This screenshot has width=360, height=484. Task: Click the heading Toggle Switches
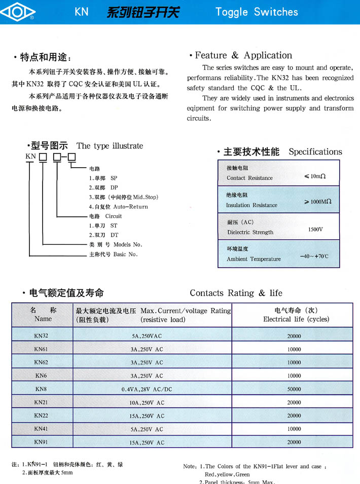(257, 12)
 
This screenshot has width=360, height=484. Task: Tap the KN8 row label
(41, 389)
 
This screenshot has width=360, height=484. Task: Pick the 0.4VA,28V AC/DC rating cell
(147, 389)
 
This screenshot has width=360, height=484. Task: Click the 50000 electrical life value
(294, 389)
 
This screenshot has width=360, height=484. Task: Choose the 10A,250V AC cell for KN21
(147, 402)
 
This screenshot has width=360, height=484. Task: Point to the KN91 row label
(42, 442)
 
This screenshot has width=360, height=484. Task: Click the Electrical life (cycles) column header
(296, 319)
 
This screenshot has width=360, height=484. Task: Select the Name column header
(43, 319)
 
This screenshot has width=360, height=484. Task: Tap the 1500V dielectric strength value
(315, 230)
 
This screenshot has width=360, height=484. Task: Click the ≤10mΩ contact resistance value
(314, 176)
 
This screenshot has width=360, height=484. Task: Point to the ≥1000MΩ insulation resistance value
(317, 202)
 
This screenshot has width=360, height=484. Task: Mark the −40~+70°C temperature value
(314, 256)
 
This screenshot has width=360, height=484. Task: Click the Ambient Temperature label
(254, 259)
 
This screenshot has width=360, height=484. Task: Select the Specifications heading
(315, 152)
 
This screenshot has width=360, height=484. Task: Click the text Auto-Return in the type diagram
(131, 207)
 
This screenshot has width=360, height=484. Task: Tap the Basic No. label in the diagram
(125, 254)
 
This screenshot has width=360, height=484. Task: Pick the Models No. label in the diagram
(128, 245)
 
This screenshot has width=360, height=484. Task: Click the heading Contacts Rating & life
(236, 293)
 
